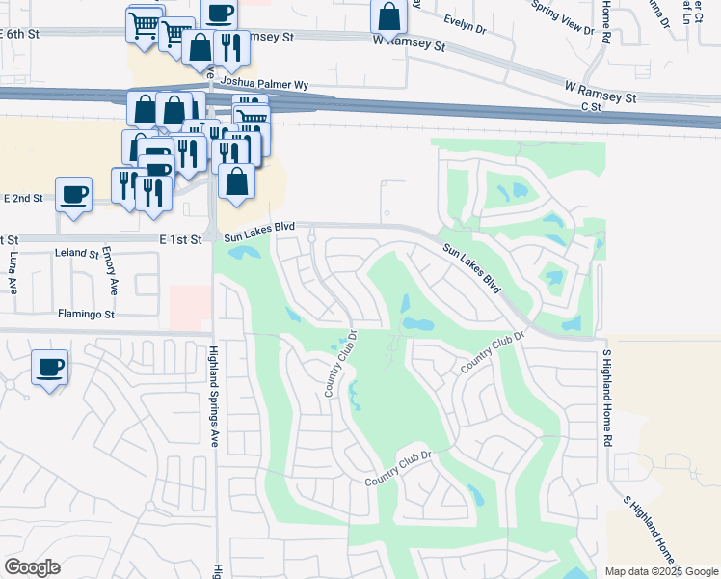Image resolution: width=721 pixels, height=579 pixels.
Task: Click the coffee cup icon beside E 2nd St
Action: pyautogui.click(x=73, y=194)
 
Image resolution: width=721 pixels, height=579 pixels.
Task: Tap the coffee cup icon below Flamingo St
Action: pyautogui.click(x=49, y=367)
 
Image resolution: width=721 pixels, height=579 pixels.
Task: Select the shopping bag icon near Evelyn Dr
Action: pyautogui.click(x=388, y=16)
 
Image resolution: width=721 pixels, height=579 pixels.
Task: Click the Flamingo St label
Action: pyautogui.click(x=86, y=315)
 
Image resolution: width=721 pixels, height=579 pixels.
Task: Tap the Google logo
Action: pyautogui.click(x=32, y=567)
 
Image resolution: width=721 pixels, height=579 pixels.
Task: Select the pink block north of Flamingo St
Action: pyautogui.click(x=190, y=308)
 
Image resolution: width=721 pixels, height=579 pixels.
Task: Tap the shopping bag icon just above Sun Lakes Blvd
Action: pyautogui.click(x=236, y=180)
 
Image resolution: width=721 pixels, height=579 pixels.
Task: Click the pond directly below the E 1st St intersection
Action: pyautogui.click(x=243, y=254)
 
